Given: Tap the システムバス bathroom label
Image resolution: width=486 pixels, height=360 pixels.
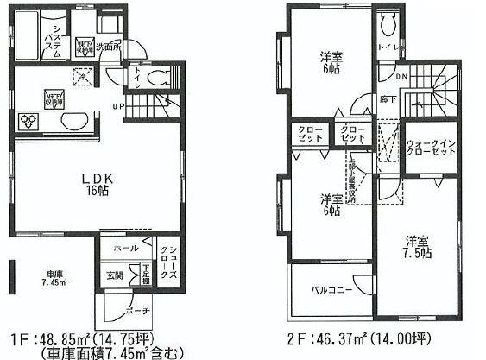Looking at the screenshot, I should tap(51, 41).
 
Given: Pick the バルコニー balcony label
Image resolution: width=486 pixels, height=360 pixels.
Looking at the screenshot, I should tap(331, 290).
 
